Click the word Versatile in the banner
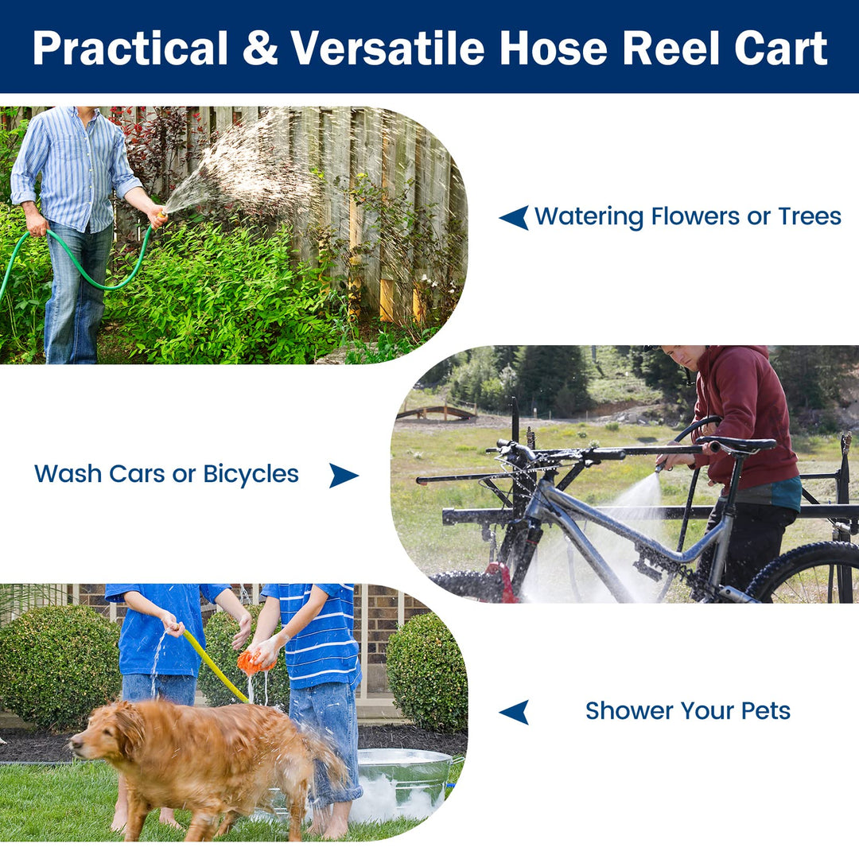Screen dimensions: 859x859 (x=388, y=49)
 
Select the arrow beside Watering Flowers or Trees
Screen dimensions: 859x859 (x=514, y=217)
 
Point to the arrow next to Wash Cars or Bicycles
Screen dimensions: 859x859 (x=343, y=475)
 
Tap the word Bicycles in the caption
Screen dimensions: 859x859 (x=251, y=475)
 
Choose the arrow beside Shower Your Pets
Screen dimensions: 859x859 (x=514, y=711)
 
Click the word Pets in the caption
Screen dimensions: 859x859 (x=764, y=711)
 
